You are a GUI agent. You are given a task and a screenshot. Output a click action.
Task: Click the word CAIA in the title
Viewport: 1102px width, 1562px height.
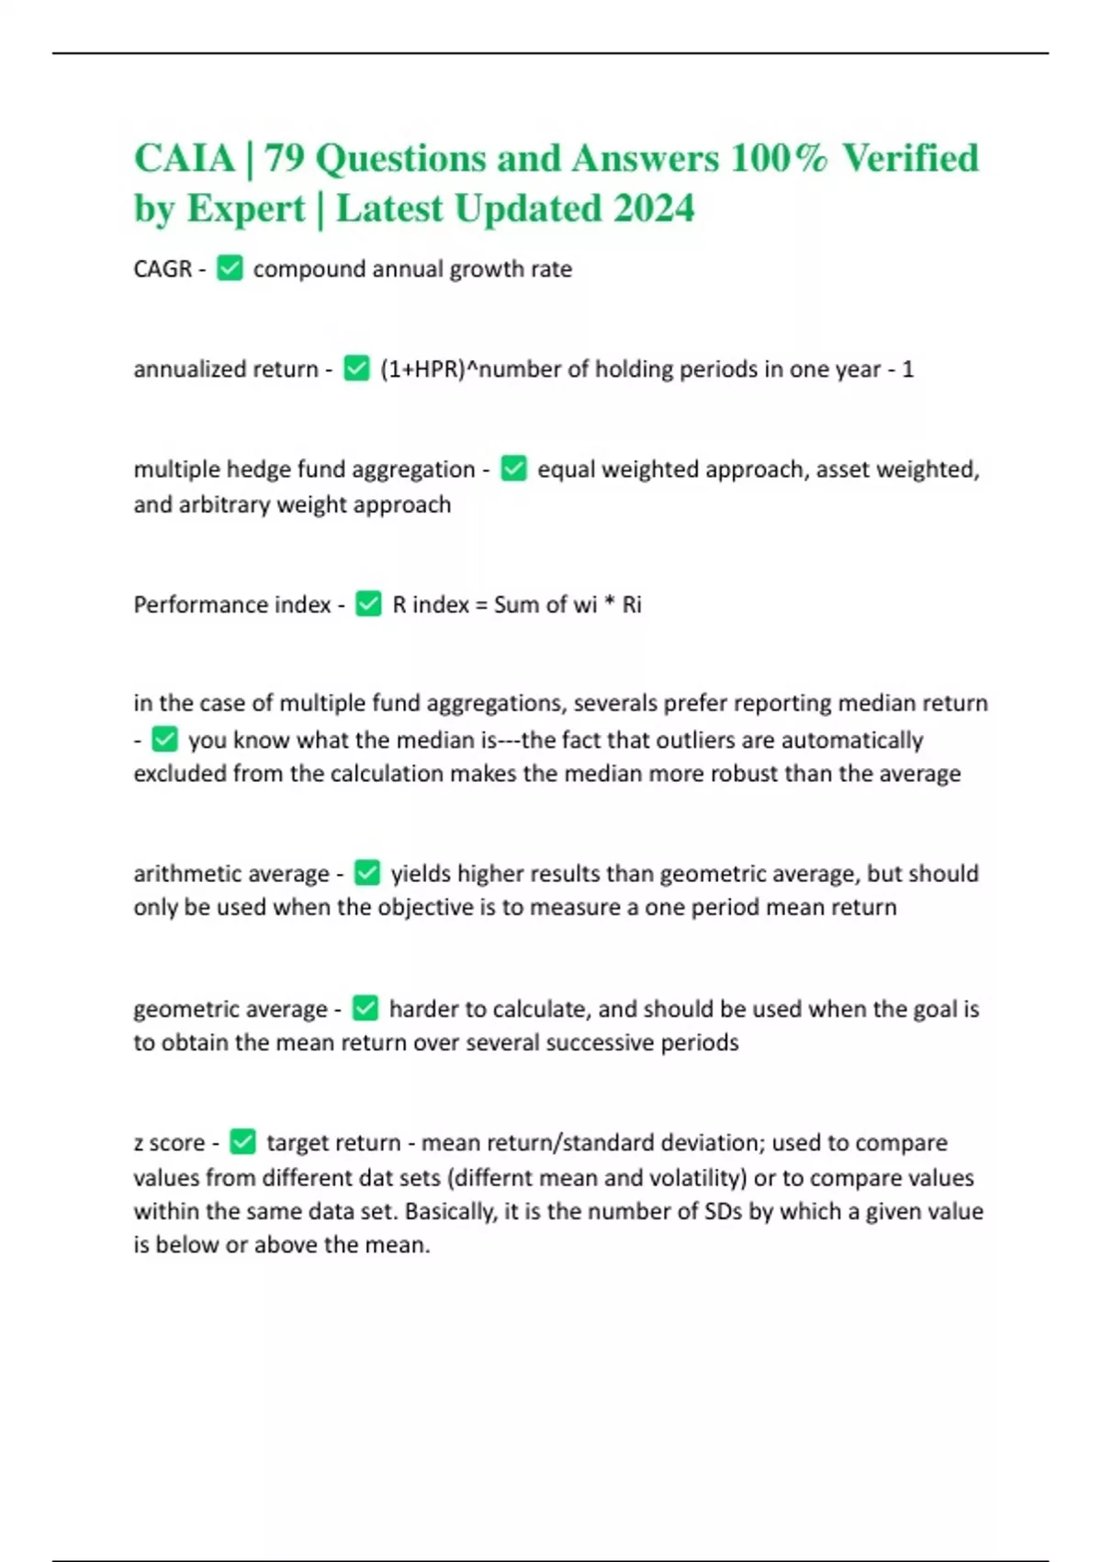click(x=185, y=158)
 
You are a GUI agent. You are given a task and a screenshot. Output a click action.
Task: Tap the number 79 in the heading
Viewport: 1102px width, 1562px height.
click(x=284, y=158)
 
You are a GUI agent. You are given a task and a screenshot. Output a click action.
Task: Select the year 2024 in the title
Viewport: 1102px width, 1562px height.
click(x=654, y=209)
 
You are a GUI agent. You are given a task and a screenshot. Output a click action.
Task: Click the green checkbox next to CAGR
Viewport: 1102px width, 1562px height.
click(x=230, y=268)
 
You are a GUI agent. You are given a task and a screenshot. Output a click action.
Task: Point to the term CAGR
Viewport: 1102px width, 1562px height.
click(x=163, y=269)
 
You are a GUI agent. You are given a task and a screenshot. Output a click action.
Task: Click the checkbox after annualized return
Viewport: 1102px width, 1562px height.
click(x=356, y=368)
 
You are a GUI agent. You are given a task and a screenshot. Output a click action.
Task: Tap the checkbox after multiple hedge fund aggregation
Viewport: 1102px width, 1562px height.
click(x=513, y=469)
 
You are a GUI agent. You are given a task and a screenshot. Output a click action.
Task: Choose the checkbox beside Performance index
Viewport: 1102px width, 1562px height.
click(x=368, y=604)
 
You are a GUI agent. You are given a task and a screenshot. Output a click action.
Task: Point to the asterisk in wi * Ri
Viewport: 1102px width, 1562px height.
click(x=609, y=604)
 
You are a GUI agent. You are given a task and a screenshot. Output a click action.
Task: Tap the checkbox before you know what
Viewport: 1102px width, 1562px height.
click(x=164, y=739)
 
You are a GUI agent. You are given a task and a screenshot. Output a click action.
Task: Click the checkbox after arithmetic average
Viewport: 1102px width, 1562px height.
click(x=367, y=873)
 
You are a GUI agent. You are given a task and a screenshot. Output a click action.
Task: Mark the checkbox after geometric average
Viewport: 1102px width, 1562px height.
click(x=365, y=1008)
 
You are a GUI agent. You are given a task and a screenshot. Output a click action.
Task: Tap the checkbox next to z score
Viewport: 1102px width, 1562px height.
click(x=242, y=1142)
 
